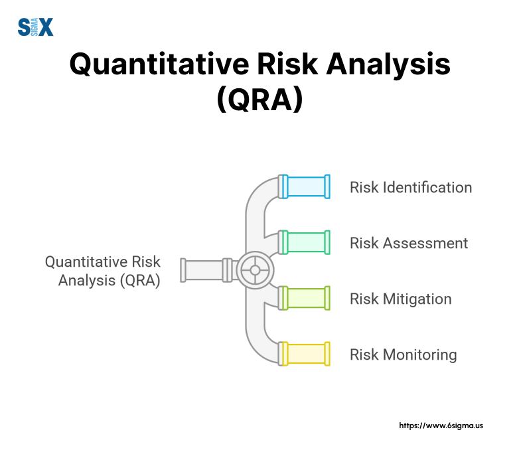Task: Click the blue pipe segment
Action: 306,187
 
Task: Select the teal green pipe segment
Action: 306,243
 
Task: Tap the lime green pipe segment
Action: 306,298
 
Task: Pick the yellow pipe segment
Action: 306,354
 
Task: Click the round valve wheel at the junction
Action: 254,270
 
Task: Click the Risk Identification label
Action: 411,187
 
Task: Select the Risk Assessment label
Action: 409,243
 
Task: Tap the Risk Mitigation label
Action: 401,299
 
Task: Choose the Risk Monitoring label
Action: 404,354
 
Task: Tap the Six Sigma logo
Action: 35,27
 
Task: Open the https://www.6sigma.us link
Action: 441,425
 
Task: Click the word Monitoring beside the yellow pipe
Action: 419,354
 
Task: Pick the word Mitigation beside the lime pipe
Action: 417,299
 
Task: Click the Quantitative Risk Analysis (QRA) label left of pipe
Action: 103,271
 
